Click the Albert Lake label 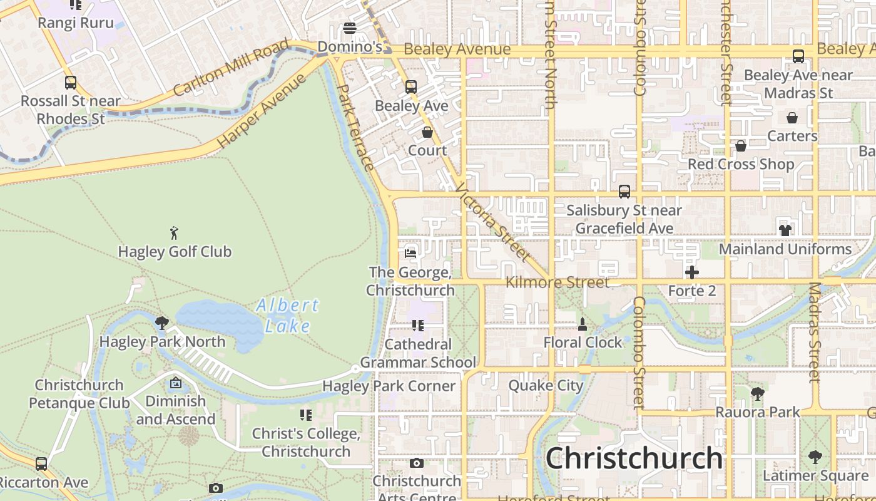[x=287, y=316]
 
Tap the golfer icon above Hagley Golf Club [x=175, y=233]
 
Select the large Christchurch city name [x=634, y=458]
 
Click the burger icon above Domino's [x=350, y=28]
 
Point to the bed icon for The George [x=410, y=253]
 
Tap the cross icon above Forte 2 [x=691, y=272]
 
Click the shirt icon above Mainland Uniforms [x=785, y=230]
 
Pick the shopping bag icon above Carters [x=792, y=117]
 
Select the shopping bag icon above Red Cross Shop [x=741, y=146]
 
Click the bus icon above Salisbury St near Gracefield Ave [x=624, y=192]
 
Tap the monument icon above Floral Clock [x=583, y=324]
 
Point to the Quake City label [x=546, y=385]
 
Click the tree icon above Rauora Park [x=758, y=393]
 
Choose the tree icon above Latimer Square [x=815, y=457]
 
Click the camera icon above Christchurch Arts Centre [x=416, y=463]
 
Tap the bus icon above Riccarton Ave [x=41, y=464]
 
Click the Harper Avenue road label [x=262, y=111]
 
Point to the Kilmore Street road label [x=557, y=282]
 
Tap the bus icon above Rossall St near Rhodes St [x=71, y=82]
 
